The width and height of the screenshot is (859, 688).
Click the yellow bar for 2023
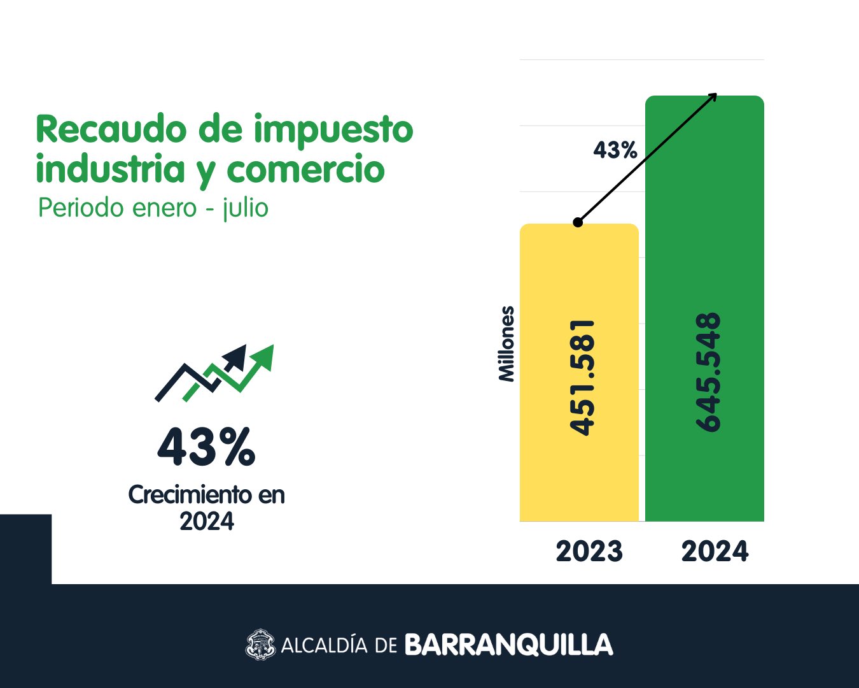[579, 373]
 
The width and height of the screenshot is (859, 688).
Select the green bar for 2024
[704, 308]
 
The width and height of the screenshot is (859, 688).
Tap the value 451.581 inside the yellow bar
[582, 378]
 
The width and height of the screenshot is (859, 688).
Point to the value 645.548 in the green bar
[708, 372]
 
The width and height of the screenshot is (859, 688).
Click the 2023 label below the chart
[589, 551]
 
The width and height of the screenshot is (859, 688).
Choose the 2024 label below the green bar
[715, 551]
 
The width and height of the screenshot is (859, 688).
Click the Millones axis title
[506, 344]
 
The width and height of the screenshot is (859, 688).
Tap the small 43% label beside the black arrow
[615, 150]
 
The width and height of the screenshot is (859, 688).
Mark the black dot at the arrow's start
[578, 222]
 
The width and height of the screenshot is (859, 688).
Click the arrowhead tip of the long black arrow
[717, 94]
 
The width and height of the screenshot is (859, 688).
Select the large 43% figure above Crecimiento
[206, 447]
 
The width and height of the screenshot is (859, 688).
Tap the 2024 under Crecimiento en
[207, 521]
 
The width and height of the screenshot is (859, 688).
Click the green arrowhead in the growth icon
[264, 356]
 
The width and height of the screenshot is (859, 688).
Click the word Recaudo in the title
[111, 129]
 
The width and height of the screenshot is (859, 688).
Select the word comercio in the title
[306, 168]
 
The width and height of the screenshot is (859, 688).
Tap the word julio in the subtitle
[246, 208]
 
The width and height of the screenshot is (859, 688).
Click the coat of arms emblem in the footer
[260, 644]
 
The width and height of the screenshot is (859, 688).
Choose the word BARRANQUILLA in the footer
[509, 645]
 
